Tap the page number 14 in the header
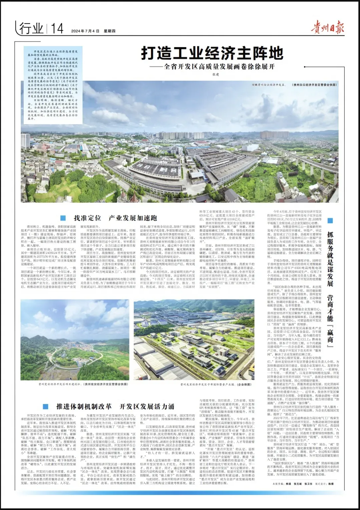57,29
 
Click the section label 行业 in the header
31,29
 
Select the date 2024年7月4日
85,31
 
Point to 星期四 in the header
109,31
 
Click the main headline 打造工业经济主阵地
212,53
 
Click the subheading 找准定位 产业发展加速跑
115,218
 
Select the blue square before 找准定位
63,218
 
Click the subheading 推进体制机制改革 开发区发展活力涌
115,407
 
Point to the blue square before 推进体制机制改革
46,407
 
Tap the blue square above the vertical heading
330,220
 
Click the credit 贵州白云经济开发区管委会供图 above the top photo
315,85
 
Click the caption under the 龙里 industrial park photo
216,384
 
